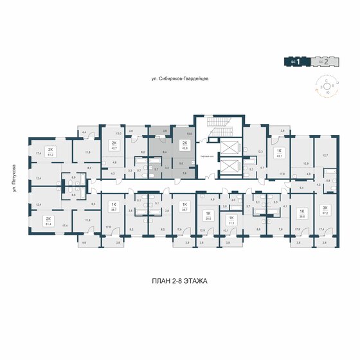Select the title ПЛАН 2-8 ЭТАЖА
point(179,282)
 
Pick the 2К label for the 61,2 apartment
point(50,149)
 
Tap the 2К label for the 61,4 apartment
point(48,219)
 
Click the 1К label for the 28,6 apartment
point(208,214)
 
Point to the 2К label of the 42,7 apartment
point(114,143)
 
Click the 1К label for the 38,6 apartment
point(301,211)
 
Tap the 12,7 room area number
point(325,155)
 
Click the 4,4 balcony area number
point(84,132)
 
